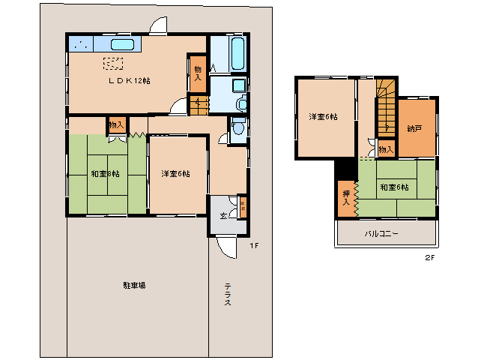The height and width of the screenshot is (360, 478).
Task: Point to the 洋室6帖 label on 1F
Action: (x=175, y=174)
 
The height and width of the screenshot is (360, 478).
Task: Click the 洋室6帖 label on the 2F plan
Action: (x=323, y=116)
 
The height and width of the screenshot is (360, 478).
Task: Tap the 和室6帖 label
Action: (x=393, y=187)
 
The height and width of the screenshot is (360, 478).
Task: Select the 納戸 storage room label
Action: (x=414, y=128)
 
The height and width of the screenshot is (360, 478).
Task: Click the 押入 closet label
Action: (x=345, y=198)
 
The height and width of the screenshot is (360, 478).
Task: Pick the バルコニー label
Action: (x=381, y=233)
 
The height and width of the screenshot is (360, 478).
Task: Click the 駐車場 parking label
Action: (x=135, y=285)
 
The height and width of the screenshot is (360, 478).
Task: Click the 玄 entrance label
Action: (x=223, y=216)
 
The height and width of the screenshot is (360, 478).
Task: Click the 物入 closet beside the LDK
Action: (x=198, y=72)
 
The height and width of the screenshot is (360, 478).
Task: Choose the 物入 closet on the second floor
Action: (x=384, y=149)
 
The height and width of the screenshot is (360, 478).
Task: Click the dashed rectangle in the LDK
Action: (x=113, y=64)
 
